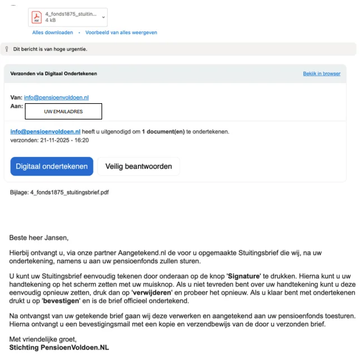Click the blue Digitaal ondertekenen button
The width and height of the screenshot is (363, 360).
point(52,166)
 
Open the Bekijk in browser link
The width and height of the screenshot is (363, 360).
point(321,73)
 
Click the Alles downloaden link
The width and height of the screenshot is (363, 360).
point(53,33)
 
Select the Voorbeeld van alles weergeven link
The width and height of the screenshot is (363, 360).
point(121,33)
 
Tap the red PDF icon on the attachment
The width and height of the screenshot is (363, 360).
point(36,17)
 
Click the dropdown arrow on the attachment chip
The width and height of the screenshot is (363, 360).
point(103,17)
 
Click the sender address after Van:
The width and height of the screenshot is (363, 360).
point(56,98)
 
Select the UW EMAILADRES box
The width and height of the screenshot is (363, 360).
point(63,112)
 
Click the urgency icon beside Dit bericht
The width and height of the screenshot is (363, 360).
point(6,49)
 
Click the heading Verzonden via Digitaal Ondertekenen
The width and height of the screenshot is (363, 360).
point(54,73)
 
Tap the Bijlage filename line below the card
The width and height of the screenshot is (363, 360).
point(59,192)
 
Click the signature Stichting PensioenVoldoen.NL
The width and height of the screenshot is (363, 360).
point(59,348)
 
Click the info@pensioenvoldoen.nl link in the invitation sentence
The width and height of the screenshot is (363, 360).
point(45,132)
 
